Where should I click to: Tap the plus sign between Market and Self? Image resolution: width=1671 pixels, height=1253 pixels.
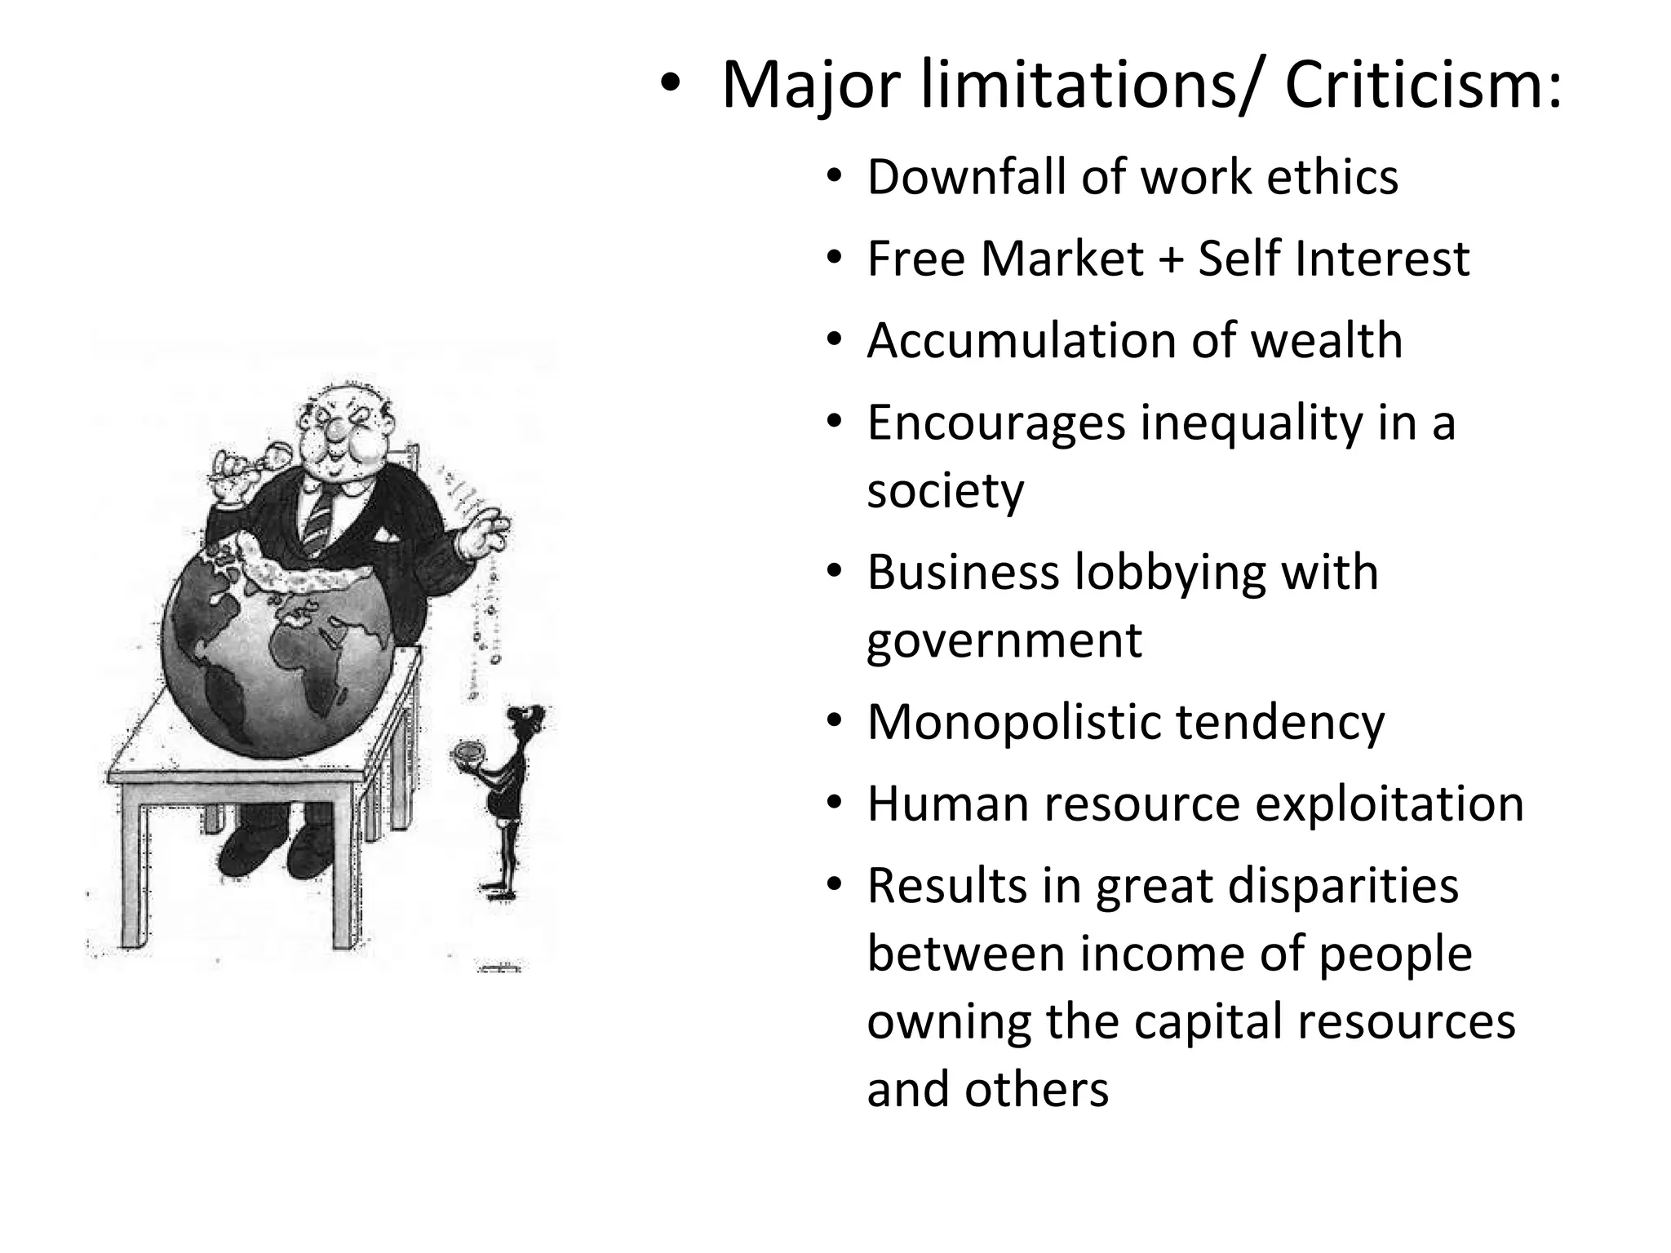[x=1170, y=259]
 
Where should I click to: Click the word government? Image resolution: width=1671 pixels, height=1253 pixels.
[x=1004, y=641]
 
